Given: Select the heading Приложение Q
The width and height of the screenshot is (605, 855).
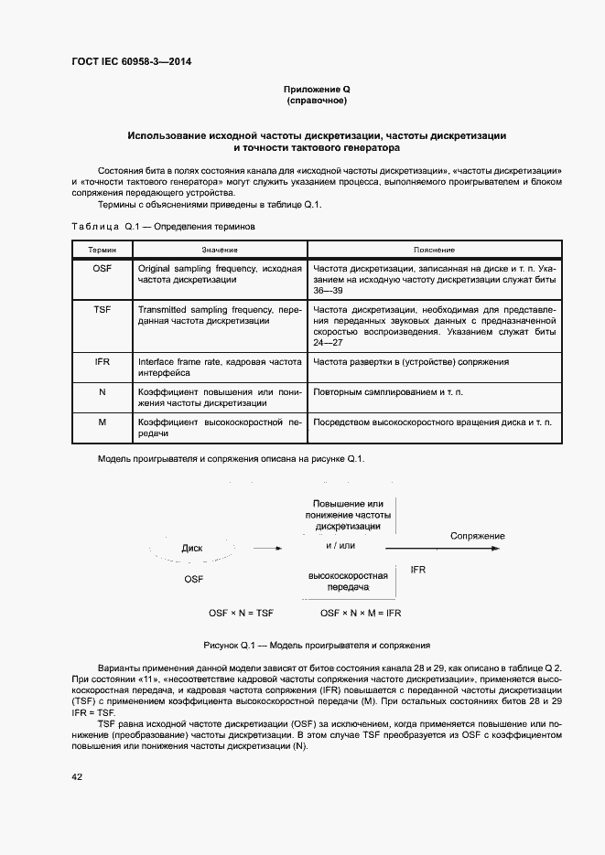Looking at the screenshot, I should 317,89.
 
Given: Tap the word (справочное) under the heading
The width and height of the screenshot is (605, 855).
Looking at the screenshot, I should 317,101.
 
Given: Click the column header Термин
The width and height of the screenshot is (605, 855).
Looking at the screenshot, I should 103,250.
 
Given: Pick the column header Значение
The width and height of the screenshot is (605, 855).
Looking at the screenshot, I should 219,250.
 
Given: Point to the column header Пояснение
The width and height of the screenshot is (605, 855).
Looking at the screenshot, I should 434,250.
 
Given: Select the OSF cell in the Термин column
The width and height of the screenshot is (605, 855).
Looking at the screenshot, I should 103,270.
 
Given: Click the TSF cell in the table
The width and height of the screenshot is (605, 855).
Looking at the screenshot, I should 103,310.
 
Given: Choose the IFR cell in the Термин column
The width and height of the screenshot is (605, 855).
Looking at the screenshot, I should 103,362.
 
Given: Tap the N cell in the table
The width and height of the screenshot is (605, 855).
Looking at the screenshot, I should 103,392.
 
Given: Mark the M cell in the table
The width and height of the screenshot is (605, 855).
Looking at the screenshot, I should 103,422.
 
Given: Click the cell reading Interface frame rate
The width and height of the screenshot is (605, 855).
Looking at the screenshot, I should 219,368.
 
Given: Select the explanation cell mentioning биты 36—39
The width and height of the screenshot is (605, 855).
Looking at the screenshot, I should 434,279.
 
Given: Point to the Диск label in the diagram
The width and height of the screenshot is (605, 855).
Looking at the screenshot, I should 192,549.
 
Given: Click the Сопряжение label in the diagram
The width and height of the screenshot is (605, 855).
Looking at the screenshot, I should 477,536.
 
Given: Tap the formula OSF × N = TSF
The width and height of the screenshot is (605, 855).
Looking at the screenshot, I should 242,612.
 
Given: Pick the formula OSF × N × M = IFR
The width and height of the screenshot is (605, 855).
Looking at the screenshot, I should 362,612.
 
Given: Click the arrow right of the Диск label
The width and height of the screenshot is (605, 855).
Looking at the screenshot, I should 267,549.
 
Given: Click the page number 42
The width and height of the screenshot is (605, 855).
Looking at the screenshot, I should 76,776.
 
